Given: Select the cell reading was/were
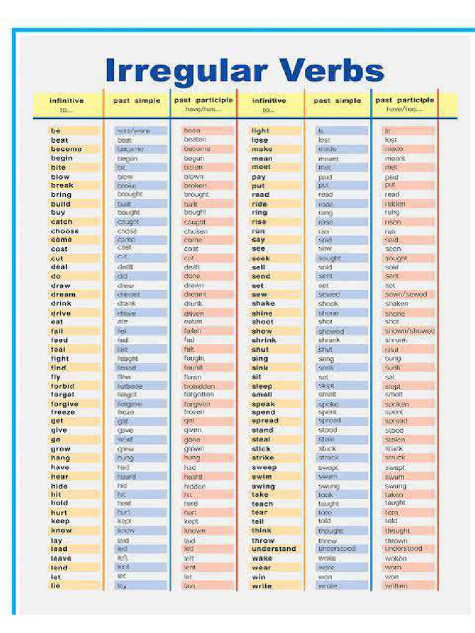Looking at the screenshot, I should (133, 131).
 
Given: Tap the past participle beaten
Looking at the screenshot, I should (195, 140).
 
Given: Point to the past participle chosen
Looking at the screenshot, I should (195, 231).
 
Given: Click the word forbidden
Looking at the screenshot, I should (199, 386).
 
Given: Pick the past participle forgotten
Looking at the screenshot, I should (199, 394).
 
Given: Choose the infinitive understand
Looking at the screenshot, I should (274, 549).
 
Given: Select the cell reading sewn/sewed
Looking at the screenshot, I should (405, 295).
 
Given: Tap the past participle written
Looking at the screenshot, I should (396, 586).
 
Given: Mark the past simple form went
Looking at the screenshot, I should (125, 440).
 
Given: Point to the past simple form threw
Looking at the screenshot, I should (327, 540).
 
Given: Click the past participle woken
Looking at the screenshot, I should (396, 558).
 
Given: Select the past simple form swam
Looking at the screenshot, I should (328, 477).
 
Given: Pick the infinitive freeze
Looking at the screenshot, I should (62, 412).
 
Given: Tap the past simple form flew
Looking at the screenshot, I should (124, 376).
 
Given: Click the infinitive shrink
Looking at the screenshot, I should (264, 340).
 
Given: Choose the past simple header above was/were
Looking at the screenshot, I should (137, 101).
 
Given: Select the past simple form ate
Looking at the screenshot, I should (122, 322).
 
